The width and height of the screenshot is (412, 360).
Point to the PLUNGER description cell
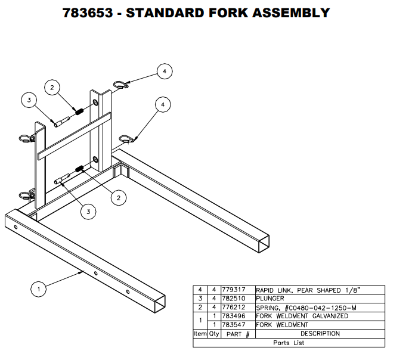271,299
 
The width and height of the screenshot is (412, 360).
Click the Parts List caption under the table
289,343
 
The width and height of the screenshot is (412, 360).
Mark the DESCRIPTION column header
320,334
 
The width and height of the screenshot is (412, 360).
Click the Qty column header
214,334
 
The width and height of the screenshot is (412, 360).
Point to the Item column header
200,334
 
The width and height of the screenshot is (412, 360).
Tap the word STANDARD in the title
172,13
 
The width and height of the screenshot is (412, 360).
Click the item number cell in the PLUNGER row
200,299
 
